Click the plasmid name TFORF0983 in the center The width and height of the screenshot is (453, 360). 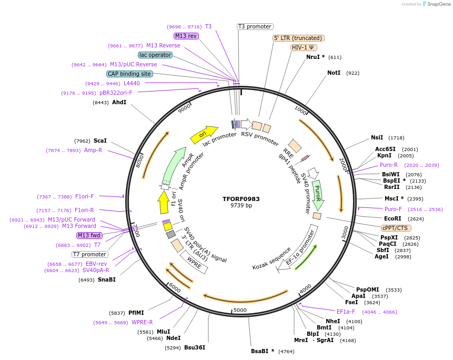pos(241,199)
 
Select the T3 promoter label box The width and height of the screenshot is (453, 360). pos(255,26)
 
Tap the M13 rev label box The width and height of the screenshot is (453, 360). pos(186,36)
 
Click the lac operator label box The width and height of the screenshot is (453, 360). pos(155,55)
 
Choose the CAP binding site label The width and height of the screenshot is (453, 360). pos(129,74)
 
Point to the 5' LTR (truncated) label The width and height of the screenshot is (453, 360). pos(298,38)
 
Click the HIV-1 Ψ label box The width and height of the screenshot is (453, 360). pos(304,47)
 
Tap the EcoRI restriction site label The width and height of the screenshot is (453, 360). pos(392,218)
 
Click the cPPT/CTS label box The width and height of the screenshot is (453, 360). pos(396,228)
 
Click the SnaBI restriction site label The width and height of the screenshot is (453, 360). pos(106,279)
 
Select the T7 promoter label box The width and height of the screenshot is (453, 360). pos(90,254)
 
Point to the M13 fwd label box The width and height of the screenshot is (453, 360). pos(89,235)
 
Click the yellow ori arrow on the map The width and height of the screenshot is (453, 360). pos(204,135)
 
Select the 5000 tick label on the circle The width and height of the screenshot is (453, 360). pos(240,310)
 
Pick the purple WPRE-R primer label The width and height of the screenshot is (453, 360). pos(142,322)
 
